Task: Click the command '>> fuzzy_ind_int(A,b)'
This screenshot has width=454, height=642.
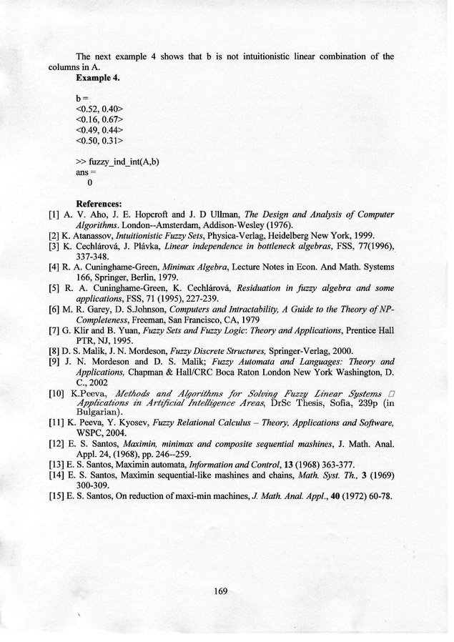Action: click(117, 162)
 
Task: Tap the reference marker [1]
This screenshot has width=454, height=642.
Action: click(54, 214)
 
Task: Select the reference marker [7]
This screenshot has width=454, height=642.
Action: click(54, 332)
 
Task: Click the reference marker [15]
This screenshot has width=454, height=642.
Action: click(57, 497)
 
